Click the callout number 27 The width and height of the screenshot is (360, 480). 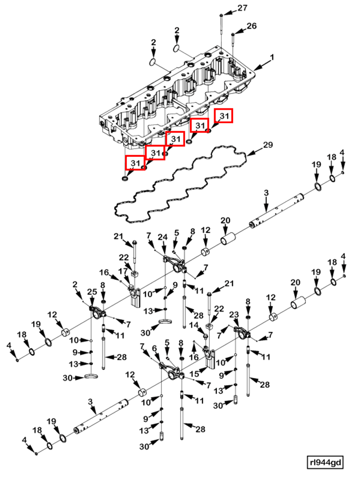tap(243, 8)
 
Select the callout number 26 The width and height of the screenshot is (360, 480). tap(252, 26)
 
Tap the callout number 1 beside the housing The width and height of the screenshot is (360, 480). tap(271, 57)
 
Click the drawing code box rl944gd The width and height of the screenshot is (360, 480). tap(325, 462)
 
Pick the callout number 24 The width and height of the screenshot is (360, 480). tap(163, 237)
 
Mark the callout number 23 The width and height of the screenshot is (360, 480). tap(234, 315)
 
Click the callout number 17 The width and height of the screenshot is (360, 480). tap(123, 271)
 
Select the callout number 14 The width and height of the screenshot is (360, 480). tap(194, 325)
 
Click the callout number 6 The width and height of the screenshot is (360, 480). tap(154, 348)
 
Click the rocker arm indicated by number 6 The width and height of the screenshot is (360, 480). tap(171, 371)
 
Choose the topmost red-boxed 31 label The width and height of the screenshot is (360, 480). tap(224, 116)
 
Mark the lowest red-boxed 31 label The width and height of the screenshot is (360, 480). tap(135, 163)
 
